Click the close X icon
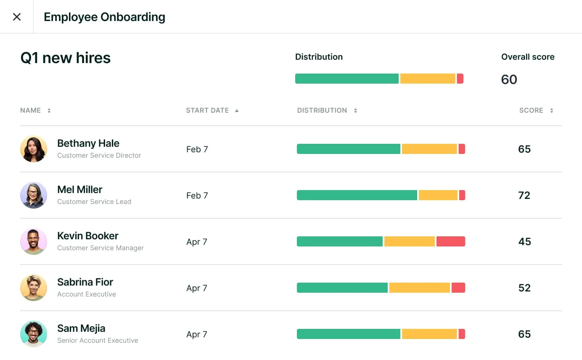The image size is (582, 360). click(17, 17)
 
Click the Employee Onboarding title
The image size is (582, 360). click(104, 17)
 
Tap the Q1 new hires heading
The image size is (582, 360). click(65, 58)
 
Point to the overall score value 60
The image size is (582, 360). click(509, 79)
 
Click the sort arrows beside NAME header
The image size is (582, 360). click(49, 111)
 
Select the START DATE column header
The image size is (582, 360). click(207, 111)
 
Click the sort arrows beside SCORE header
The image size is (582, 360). click(551, 111)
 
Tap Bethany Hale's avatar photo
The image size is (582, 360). click(34, 149)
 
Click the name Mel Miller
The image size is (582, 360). click(80, 190)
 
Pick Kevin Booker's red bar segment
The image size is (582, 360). click(450, 241)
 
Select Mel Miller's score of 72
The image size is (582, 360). click(524, 195)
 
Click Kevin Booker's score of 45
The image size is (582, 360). click(524, 241)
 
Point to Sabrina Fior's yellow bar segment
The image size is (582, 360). click(419, 288)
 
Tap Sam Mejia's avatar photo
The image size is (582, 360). click(34, 334)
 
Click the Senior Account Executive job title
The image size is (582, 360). click(98, 341)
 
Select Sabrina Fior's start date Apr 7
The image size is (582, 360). click(197, 288)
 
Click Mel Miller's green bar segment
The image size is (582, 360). click(357, 195)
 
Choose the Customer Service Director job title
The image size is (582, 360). click(99, 156)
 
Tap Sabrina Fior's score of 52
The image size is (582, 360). click(524, 288)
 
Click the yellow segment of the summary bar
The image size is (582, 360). click(427, 79)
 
